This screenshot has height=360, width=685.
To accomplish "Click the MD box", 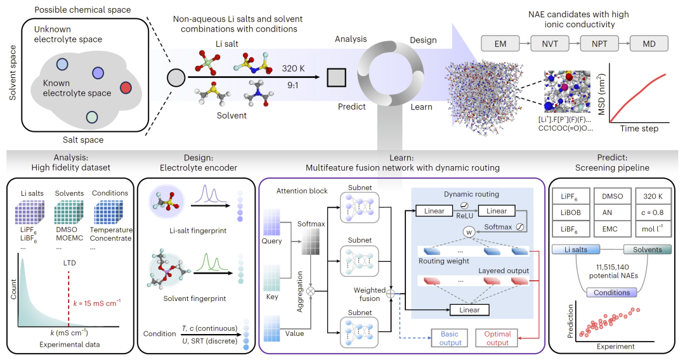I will tap(649, 43).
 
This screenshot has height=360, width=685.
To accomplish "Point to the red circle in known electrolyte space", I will tap(125, 87).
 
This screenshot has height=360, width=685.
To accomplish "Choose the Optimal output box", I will tap(498, 337).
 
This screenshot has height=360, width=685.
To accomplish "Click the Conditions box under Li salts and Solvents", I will tap(611, 293).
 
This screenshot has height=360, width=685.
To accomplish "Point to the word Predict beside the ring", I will tap(351, 106).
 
